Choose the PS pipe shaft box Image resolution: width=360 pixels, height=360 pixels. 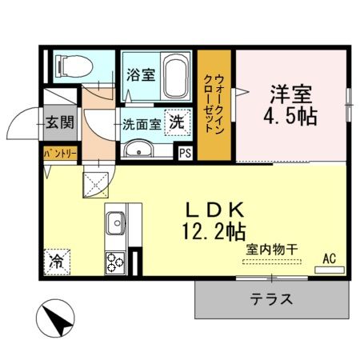(185, 153)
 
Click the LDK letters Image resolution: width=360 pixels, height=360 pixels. (214, 210)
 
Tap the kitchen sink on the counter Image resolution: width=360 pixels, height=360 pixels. (114, 221)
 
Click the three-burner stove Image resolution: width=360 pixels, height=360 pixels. (114, 261)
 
